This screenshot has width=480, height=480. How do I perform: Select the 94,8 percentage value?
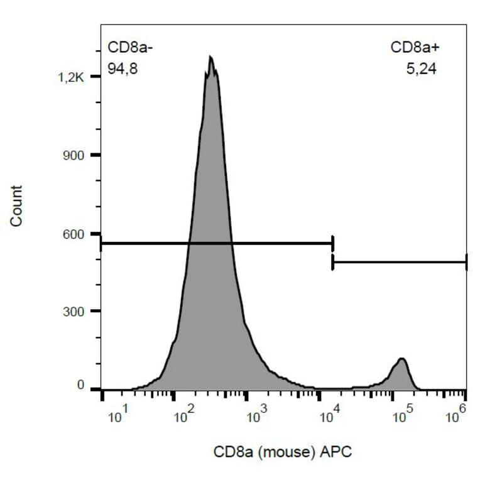[123, 69]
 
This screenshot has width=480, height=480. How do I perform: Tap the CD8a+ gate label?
[413, 49]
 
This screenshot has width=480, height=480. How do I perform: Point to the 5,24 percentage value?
[421, 69]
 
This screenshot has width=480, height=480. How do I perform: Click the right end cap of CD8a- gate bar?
[332, 243]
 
